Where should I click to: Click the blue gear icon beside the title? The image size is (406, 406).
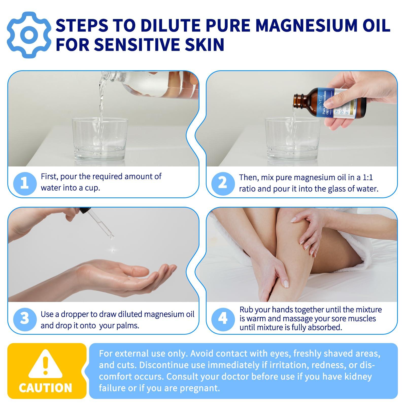[29, 35]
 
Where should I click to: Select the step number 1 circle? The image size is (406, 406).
[25, 183]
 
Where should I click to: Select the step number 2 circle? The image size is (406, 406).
[223, 183]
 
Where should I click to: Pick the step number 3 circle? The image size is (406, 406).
[25, 319]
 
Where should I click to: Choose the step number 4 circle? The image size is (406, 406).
[223, 319]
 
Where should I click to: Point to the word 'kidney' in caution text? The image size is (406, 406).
[358, 377]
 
